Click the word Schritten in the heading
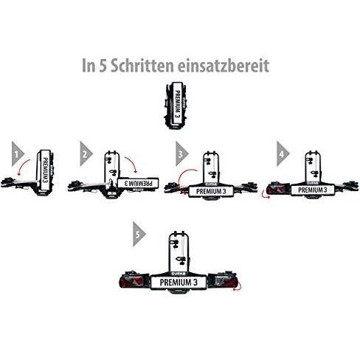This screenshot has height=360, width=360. tap(142, 65)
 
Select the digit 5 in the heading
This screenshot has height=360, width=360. tap(103, 66)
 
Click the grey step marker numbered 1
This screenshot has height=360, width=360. tap(18, 154)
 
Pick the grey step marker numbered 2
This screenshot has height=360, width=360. tap(86, 154)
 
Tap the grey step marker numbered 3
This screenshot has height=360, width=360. tap(181, 154)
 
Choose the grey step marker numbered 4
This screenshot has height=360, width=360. tap(283, 154)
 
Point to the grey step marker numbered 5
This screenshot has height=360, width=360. tap(139, 235)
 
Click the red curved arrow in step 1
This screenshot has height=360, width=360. tap(23, 166)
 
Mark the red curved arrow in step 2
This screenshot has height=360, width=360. tap(133, 163)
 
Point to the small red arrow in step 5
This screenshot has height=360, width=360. tap(238, 288)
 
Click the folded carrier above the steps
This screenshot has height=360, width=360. tap(176, 105)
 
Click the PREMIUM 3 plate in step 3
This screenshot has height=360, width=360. tap(211, 191)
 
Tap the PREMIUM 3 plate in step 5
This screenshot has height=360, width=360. tap(179, 283)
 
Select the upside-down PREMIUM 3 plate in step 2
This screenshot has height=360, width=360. tap(139, 183)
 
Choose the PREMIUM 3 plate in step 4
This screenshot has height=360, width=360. tap(313, 190)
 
